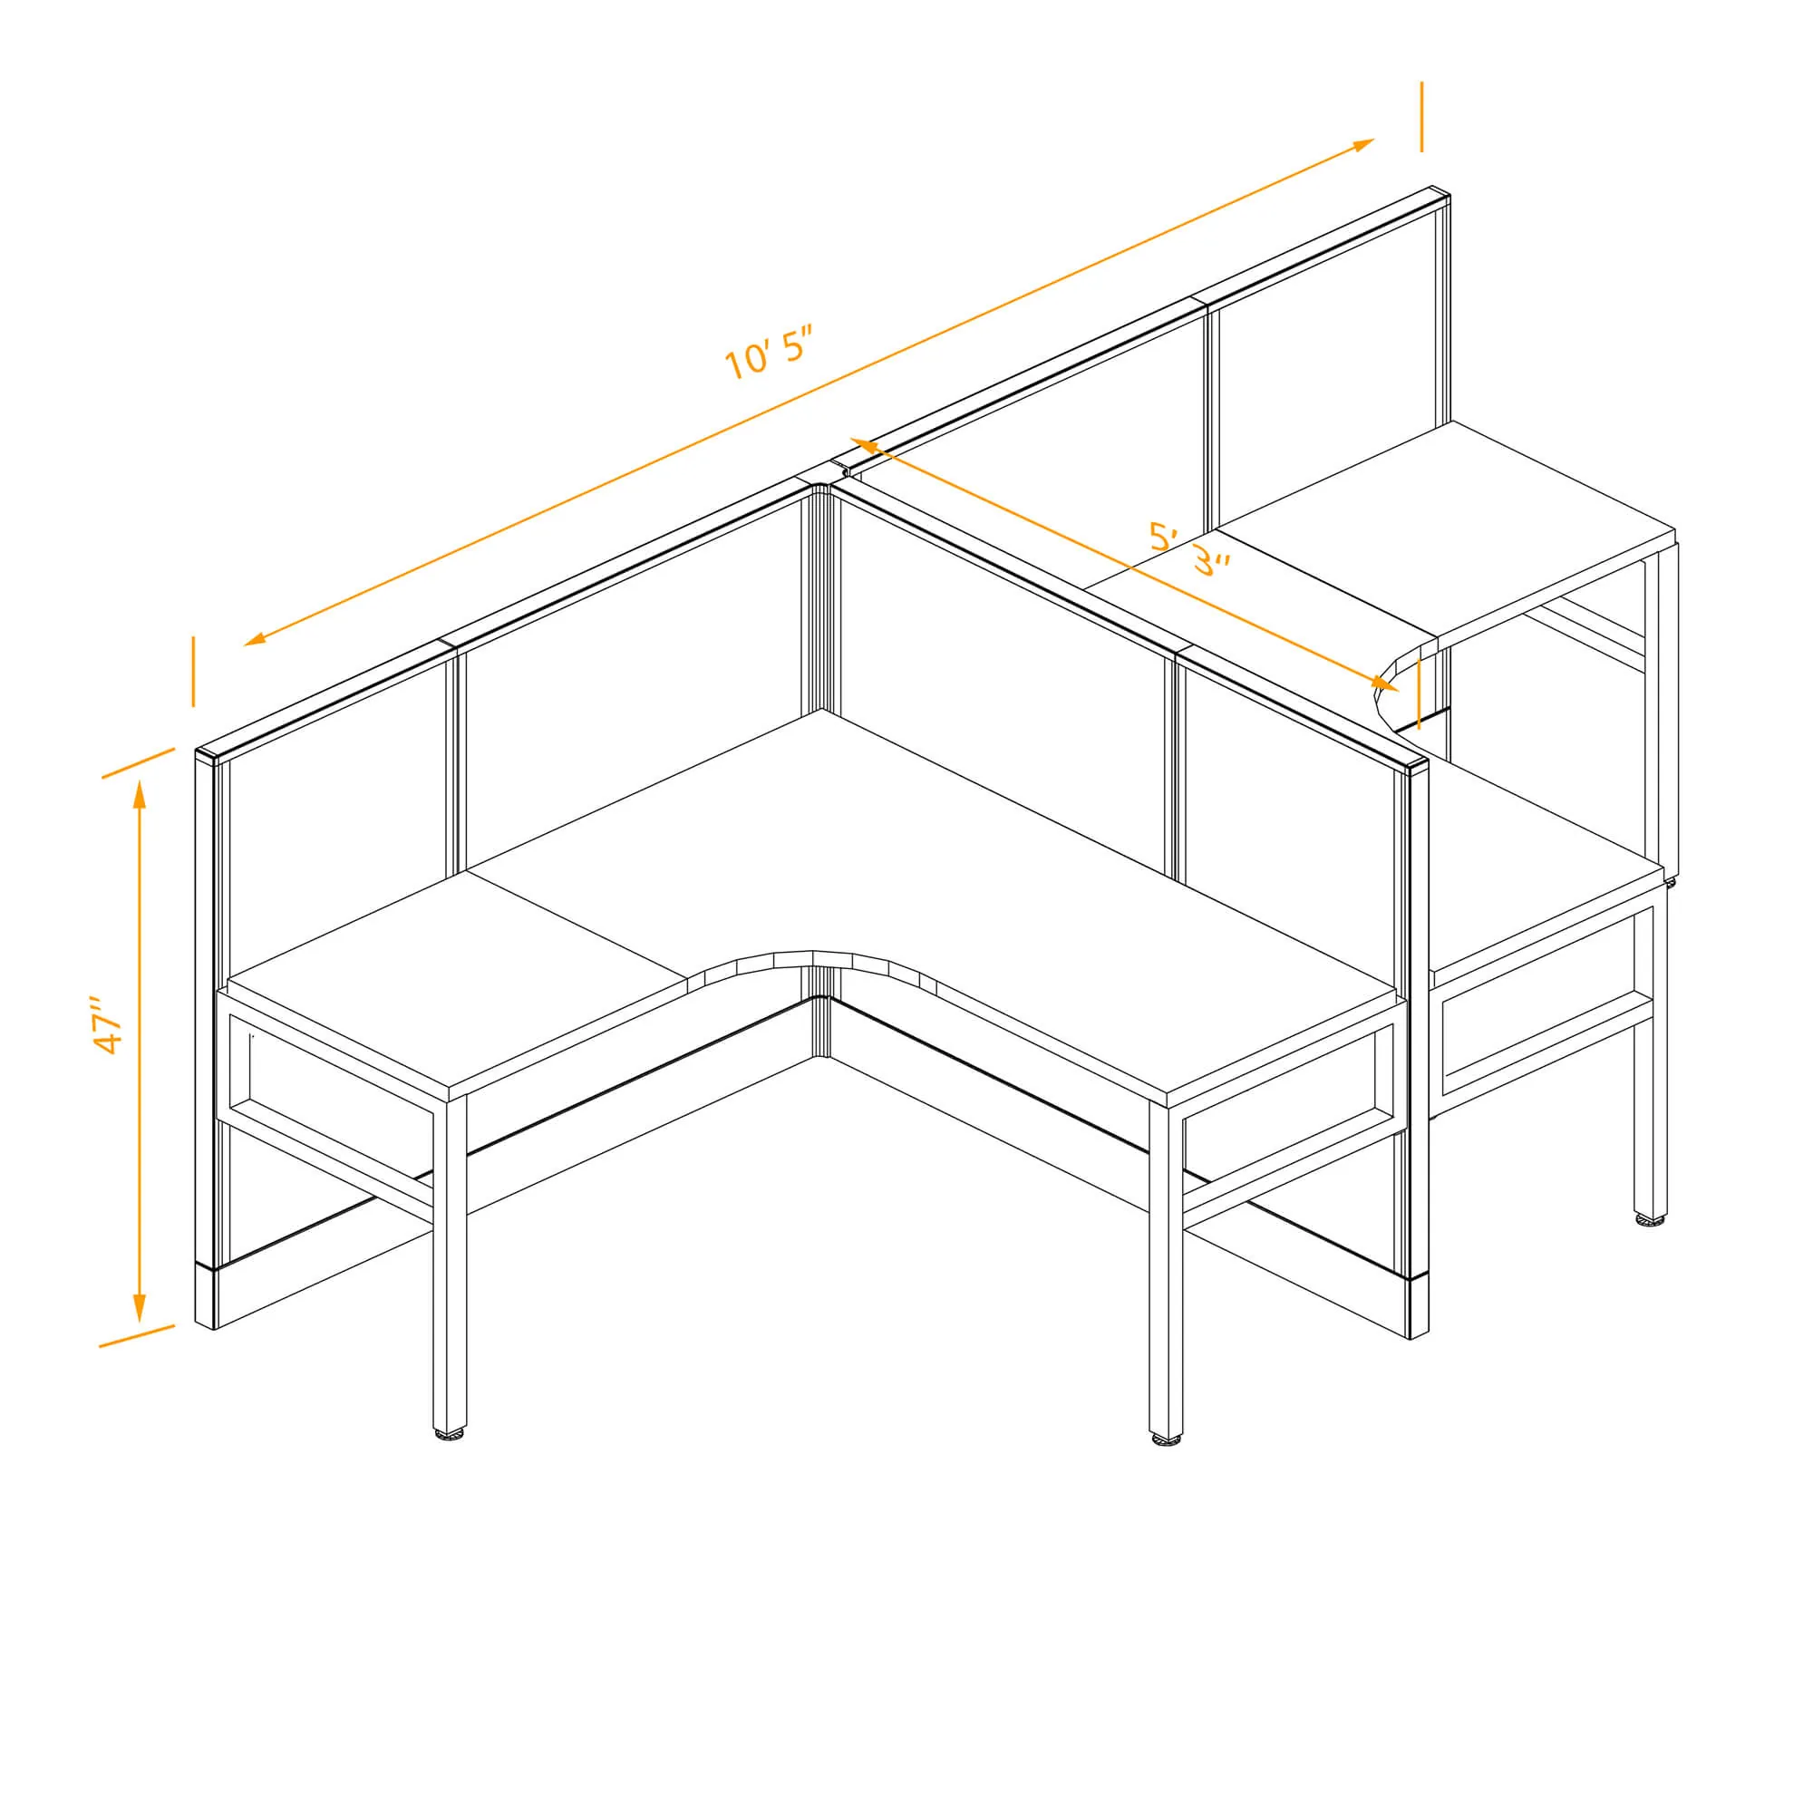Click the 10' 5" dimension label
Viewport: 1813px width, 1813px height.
click(x=767, y=352)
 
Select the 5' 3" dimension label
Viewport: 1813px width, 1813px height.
click(x=1189, y=548)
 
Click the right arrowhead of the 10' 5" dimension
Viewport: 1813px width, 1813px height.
click(x=1362, y=145)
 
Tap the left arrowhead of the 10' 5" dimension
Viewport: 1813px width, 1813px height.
click(x=257, y=639)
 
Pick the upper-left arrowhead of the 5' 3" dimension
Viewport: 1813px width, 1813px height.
click(x=862, y=444)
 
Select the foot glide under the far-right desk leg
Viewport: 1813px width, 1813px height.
click(x=1651, y=1220)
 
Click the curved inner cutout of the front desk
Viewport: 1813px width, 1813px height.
click(x=812, y=957)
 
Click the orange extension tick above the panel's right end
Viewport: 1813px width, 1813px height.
click(x=1420, y=116)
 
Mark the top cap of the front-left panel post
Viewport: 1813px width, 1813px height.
click(x=210, y=754)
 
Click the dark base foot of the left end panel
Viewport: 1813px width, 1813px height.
click(x=206, y=1296)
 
